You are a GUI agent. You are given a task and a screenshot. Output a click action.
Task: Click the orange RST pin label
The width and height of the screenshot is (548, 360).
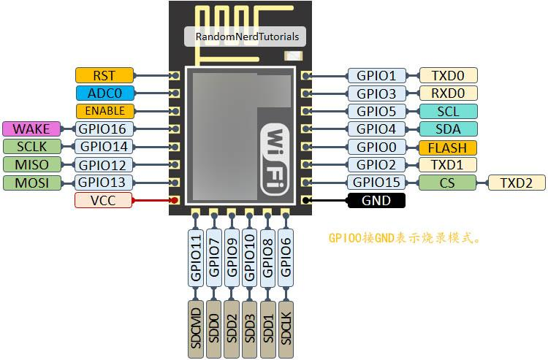point(105,75)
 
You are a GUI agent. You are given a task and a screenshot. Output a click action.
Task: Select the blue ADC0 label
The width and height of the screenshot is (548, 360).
point(105,93)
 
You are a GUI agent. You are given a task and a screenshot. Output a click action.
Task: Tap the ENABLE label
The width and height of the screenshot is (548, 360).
point(105,111)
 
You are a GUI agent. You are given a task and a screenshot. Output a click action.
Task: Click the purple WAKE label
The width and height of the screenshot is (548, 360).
point(32,129)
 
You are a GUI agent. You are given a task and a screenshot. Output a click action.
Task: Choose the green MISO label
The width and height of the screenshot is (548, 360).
point(32,165)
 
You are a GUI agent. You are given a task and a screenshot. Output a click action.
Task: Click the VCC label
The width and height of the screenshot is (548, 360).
point(105,200)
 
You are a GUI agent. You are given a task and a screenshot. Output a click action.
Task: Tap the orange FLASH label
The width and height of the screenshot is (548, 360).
point(447,148)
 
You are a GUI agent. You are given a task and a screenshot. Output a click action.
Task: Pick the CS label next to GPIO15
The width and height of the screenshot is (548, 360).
point(447,183)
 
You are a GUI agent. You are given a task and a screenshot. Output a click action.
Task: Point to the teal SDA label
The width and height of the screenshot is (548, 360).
point(447,129)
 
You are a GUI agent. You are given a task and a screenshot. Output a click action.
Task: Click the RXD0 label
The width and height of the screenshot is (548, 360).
point(447,93)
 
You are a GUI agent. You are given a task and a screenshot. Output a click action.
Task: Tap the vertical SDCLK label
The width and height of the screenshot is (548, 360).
point(286,329)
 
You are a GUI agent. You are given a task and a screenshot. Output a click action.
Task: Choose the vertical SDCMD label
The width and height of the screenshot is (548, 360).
point(196,329)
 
